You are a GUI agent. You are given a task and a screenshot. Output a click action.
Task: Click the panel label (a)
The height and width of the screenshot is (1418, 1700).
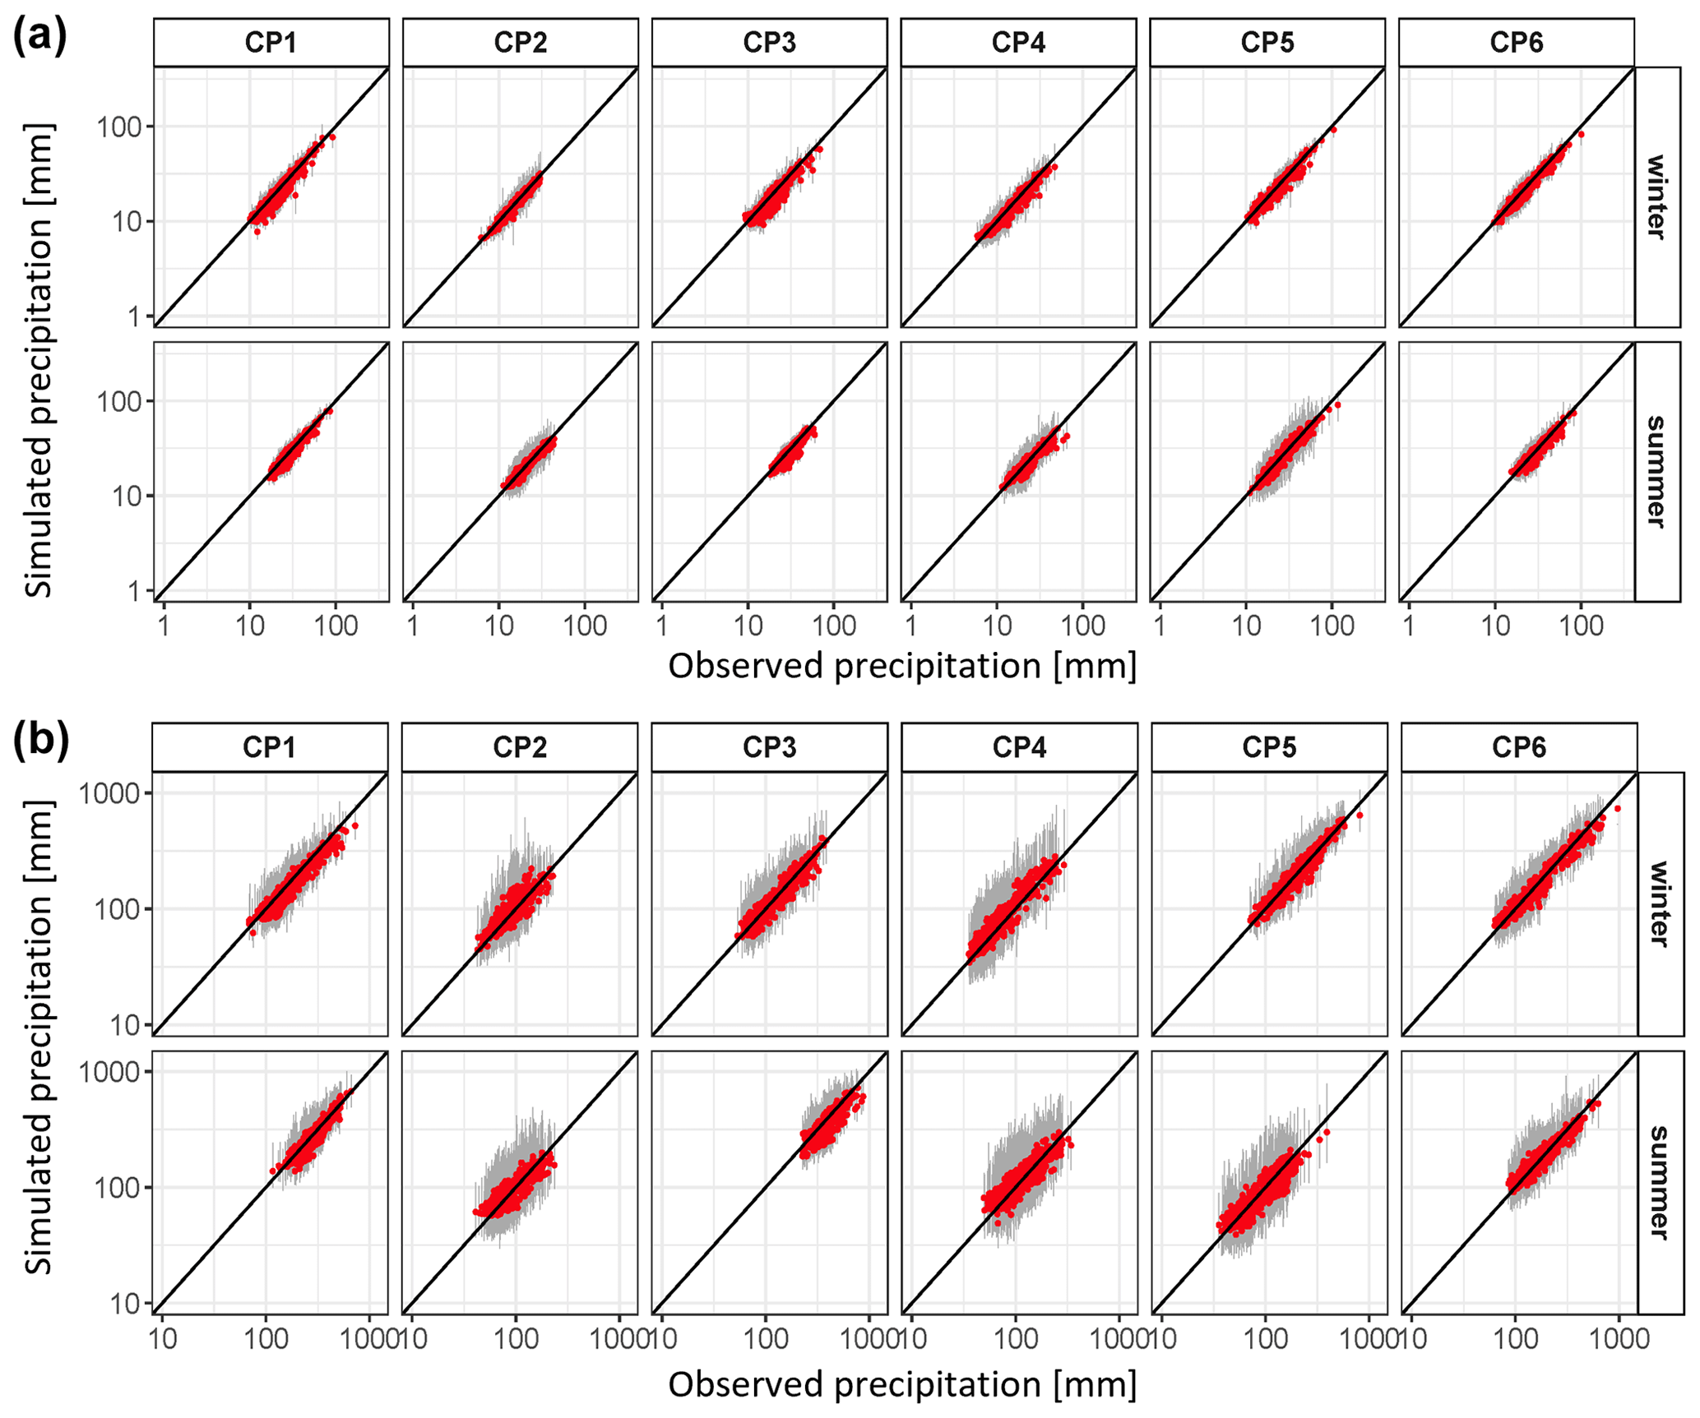coord(39,38)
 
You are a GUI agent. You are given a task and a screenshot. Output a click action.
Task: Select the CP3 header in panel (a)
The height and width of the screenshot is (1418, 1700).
coord(769,43)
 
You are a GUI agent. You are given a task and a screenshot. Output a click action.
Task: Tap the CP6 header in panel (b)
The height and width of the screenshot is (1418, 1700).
coord(1518,747)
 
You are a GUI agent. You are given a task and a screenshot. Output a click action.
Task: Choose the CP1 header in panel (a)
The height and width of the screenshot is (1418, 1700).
coord(271,43)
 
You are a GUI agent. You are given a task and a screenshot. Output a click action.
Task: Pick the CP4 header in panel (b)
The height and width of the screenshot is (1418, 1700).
coord(1019,747)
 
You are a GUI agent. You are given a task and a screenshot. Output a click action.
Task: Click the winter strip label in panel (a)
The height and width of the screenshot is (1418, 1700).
coord(1656,197)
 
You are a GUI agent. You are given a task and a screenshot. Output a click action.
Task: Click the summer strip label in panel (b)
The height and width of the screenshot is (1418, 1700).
coord(1658,1182)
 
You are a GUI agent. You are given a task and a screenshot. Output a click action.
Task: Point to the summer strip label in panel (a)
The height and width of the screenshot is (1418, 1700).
coord(1656,472)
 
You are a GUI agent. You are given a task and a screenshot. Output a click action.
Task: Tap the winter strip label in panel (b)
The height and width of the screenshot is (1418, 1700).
coord(1658,903)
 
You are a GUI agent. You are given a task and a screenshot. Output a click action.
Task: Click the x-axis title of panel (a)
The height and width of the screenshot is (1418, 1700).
coord(902,666)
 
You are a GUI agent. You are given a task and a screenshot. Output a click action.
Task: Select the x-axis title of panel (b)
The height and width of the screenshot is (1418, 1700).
coord(902,1384)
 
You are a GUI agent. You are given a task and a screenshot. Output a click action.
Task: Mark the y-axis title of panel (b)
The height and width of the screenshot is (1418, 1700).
coord(39,1037)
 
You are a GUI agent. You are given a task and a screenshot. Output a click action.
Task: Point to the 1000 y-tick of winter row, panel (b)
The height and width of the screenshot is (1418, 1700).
coord(109,794)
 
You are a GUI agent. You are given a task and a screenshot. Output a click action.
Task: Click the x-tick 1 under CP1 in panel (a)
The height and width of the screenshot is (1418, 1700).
coord(164,626)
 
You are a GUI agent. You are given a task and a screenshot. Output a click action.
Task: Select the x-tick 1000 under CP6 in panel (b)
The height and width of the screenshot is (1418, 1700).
coord(1618,1340)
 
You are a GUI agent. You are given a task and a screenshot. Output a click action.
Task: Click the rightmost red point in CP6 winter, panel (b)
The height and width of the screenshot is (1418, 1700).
coord(1617,809)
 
